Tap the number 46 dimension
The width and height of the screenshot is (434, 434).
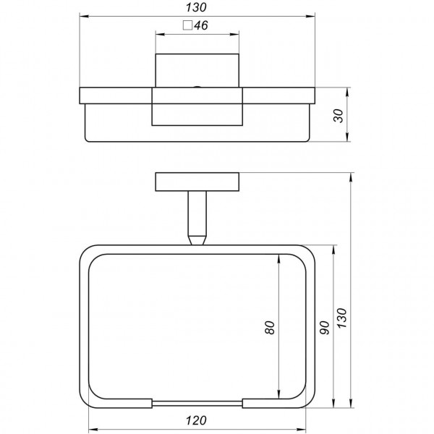(x=202, y=26)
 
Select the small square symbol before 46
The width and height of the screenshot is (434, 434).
(x=187, y=26)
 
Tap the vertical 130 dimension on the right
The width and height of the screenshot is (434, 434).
(x=343, y=317)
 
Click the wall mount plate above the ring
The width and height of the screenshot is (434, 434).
(x=197, y=182)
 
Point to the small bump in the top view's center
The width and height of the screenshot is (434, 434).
(x=197, y=88)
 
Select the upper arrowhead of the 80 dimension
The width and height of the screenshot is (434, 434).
(x=279, y=258)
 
